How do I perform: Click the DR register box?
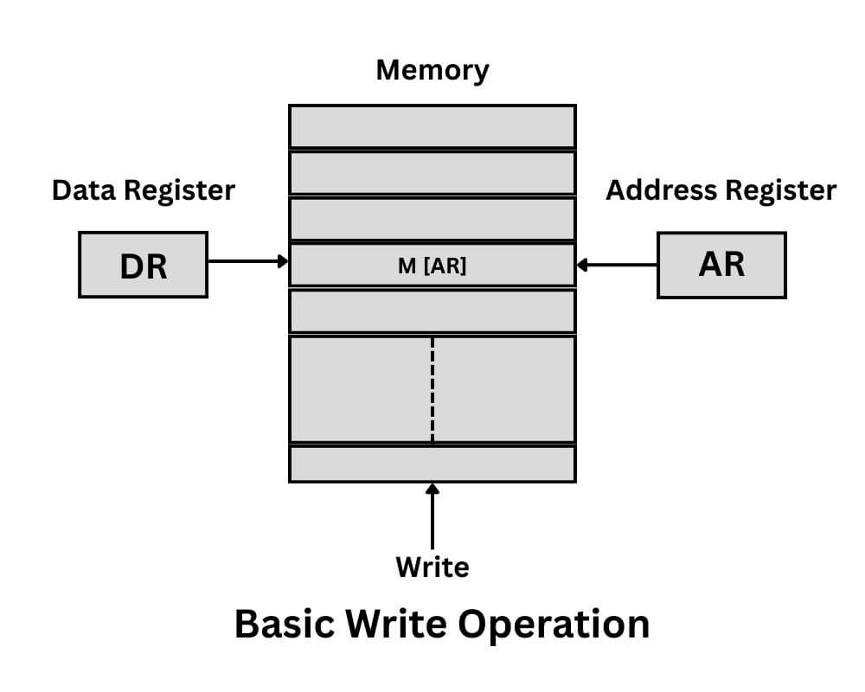coord(143,265)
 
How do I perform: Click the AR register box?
coord(721,265)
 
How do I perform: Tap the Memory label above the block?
coord(432,70)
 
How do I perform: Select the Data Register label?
coord(144,190)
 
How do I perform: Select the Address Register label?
coord(721,190)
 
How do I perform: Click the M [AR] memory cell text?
coord(432,266)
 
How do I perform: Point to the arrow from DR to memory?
coord(247,260)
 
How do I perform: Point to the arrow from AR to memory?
coord(618,265)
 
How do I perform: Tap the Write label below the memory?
coord(432,567)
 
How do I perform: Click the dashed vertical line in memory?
coord(432,389)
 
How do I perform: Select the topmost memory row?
coord(432,126)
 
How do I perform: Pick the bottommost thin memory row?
coord(432,464)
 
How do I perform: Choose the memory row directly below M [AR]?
coord(432,311)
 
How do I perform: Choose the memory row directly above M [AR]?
coord(432,219)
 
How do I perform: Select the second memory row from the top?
coord(432,173)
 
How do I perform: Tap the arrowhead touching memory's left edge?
coord(283,260)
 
